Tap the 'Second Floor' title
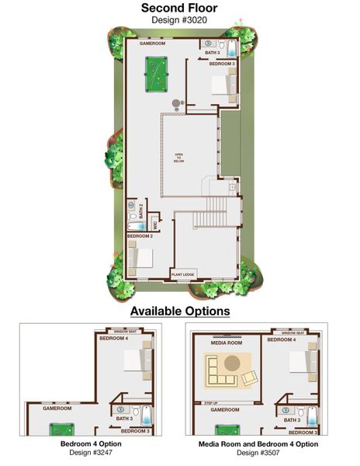tap(179, 9)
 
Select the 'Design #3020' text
tap(179, 21)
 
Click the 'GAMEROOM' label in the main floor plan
tap(153, 44)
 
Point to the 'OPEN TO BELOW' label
tap(178, 157)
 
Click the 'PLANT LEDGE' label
tap(183, 274)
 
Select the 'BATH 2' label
tap(142, 210)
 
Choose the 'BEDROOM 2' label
tap(139, 235)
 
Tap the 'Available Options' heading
tap(179, 311)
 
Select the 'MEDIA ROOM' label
tap(227, 343)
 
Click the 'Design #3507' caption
tap(258, 452)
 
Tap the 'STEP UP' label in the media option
tap(210, 403)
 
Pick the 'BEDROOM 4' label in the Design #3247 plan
tap(113, 339)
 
